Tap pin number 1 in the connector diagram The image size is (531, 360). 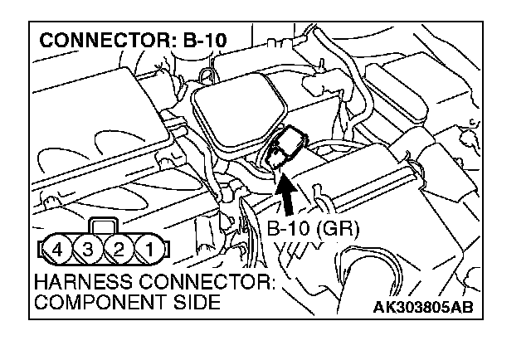click(149, 248)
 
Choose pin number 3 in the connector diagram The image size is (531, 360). click(87, 248)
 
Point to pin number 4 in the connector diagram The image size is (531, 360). click(56, 248)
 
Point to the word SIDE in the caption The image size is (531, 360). click(198, 302)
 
